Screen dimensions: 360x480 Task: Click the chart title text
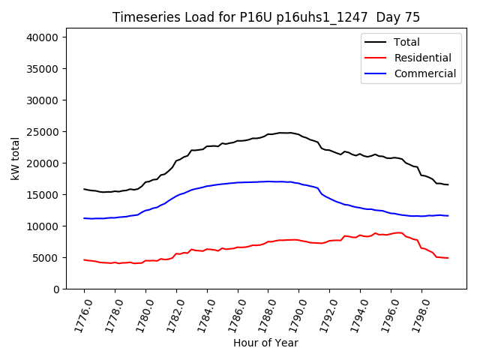(266, 17)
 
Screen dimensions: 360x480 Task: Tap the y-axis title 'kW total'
(16, 158)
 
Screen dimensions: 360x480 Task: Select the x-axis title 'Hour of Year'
(265, 343)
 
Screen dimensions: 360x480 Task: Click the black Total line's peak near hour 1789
(283, 133)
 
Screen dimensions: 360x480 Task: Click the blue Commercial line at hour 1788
(268, 181)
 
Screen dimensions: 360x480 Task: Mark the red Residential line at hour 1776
(84, 259)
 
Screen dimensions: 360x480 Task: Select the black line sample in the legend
(373, 42)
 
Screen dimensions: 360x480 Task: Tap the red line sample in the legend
(373, 58)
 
